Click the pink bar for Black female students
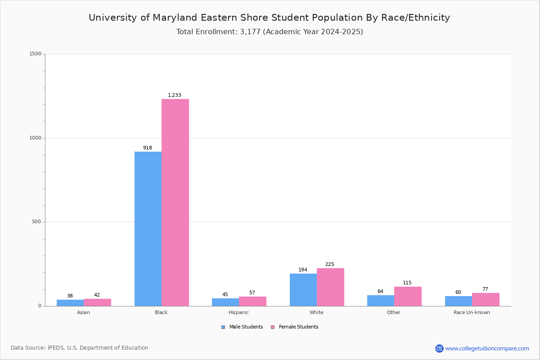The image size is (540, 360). pyautogui.click(x=175, y=202)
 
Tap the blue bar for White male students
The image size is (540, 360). pyautogui.click(x=303, y=290)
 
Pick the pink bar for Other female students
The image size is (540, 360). pyautogui.click(x=408, y=296)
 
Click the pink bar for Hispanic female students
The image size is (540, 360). pyautogui.click(x=252, y=301)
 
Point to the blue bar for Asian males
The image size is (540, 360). pyautogui.click(x=70, y=303)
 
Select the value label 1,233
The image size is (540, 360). pyautogui.click(x=175, y=95)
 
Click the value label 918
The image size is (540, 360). pyautogui.click(x=148, y=148)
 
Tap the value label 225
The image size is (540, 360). pyautogui.click(x=330, y=265)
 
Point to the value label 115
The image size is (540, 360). pyautogui.click(x=407, y=283)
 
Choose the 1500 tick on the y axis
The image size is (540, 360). pyautogui.click(x=36, y=54)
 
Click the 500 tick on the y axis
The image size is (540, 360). pyautogui.click(x=37, y=222)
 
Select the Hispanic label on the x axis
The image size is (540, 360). pyautogui.click(x=238, y=312)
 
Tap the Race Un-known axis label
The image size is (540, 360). pyautogui.click(x=472, y=312)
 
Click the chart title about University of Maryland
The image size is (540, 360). pyautogui.click(x=269, y=18)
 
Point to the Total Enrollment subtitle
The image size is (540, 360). pyautogui.click(x=270, y=32)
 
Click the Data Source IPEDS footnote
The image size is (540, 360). pyautogui.click(x=80, y=348)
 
